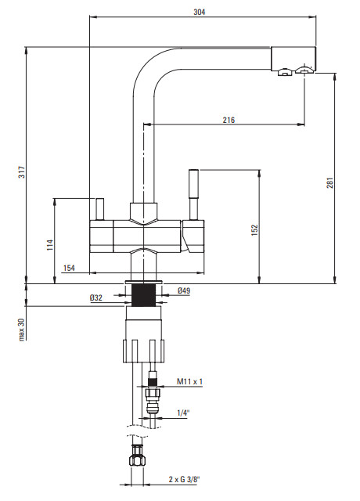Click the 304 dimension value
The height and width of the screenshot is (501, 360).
coord(200,13)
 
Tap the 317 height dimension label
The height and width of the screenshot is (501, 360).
coord(21,172)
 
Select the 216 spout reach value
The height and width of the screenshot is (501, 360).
coord(229,120)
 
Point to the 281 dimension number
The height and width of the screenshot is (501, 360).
coord(329,182)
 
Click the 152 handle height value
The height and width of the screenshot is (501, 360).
coord(254,230)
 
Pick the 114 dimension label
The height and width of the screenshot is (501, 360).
coord(50,245)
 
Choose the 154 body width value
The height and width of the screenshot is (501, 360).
coord(69,268)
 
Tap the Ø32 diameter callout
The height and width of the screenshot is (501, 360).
coord(96,297)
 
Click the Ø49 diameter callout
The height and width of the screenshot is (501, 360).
coord(184,290)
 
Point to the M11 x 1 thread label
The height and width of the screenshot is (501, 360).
coord(189,381)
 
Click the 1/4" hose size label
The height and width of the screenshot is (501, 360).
coord(183,413)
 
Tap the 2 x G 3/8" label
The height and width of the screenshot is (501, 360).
coord(185,479)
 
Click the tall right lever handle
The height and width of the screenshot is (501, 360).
coord(193,194)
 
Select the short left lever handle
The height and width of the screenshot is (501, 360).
coord(99,209)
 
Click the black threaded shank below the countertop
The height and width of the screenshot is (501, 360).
coord(144,295)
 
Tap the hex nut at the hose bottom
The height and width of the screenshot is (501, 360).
coord(138,458)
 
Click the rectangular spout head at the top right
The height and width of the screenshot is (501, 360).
coord(293,59)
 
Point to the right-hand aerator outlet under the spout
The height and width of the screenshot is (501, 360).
coord(304,70)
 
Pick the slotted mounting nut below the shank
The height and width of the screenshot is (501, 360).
coord(144,351)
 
